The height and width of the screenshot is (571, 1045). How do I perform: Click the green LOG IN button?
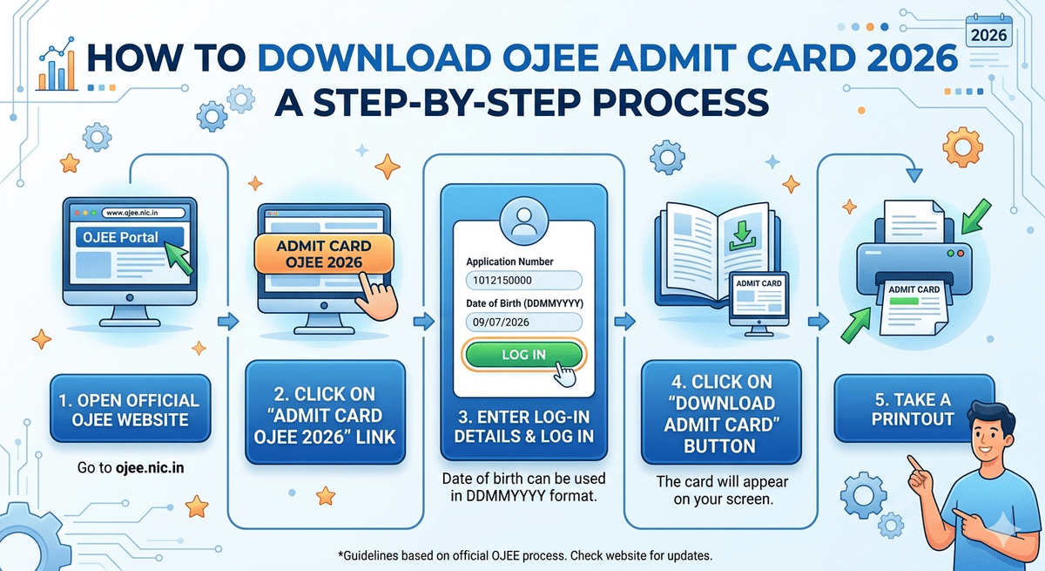(x=523, y=354)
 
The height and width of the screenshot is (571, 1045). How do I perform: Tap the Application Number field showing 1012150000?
(x=523, y=281)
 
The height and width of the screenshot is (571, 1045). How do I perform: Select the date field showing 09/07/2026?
(x=523, y=322)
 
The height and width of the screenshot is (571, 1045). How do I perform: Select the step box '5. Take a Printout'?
(x=914, y=409)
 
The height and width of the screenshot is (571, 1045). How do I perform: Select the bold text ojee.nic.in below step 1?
(x=150, y=468)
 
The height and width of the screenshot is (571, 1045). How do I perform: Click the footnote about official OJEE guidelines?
(x=522, y=555)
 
